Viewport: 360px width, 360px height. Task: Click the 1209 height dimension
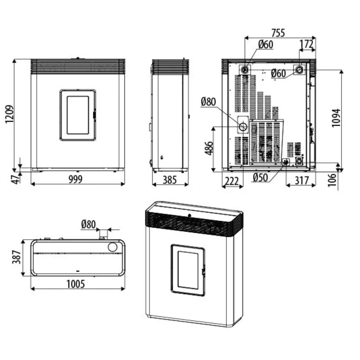9,114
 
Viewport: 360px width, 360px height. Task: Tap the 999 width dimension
76,179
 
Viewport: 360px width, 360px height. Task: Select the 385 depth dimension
170,180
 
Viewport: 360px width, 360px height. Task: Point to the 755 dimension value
278,33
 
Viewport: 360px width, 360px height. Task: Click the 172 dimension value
306,44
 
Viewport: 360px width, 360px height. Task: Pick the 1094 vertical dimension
336,117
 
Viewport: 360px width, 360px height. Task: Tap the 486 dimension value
209,148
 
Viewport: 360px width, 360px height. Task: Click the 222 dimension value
231,181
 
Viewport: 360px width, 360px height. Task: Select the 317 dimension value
301,181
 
